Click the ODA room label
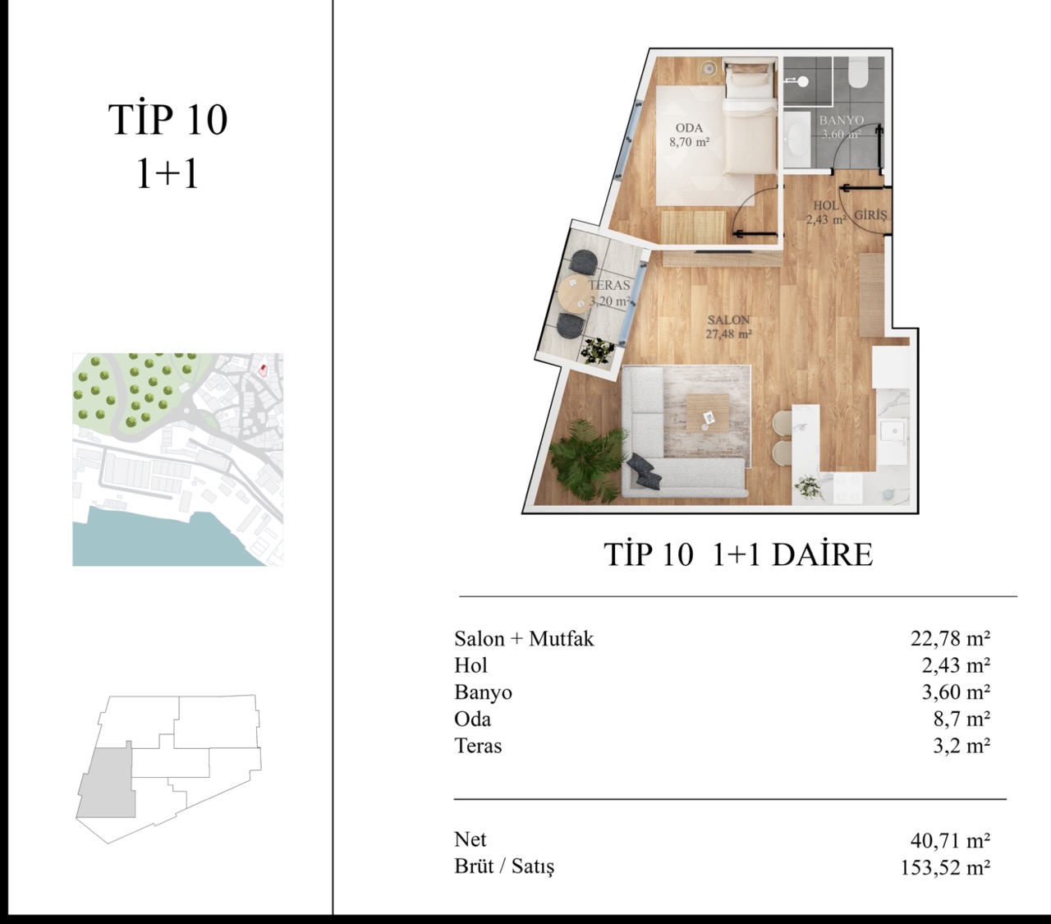(x=689, y=127)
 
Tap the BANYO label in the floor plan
(x=842, y=121)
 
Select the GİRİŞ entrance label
(x=870, y=214)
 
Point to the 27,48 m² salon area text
(x=729, y=334)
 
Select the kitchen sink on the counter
(x=892, y=432)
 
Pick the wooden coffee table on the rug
(x=708, y=413)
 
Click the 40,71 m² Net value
(x=950, y=840)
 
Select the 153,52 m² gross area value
(x=945, y=867)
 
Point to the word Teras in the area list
(x=478, y=746)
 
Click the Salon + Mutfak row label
(x=524, y=638)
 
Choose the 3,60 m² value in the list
(x=956, y=692)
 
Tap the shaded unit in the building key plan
(x=107, y=783)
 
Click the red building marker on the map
(x=263, y=370)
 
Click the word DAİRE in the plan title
(x=822, y=554)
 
